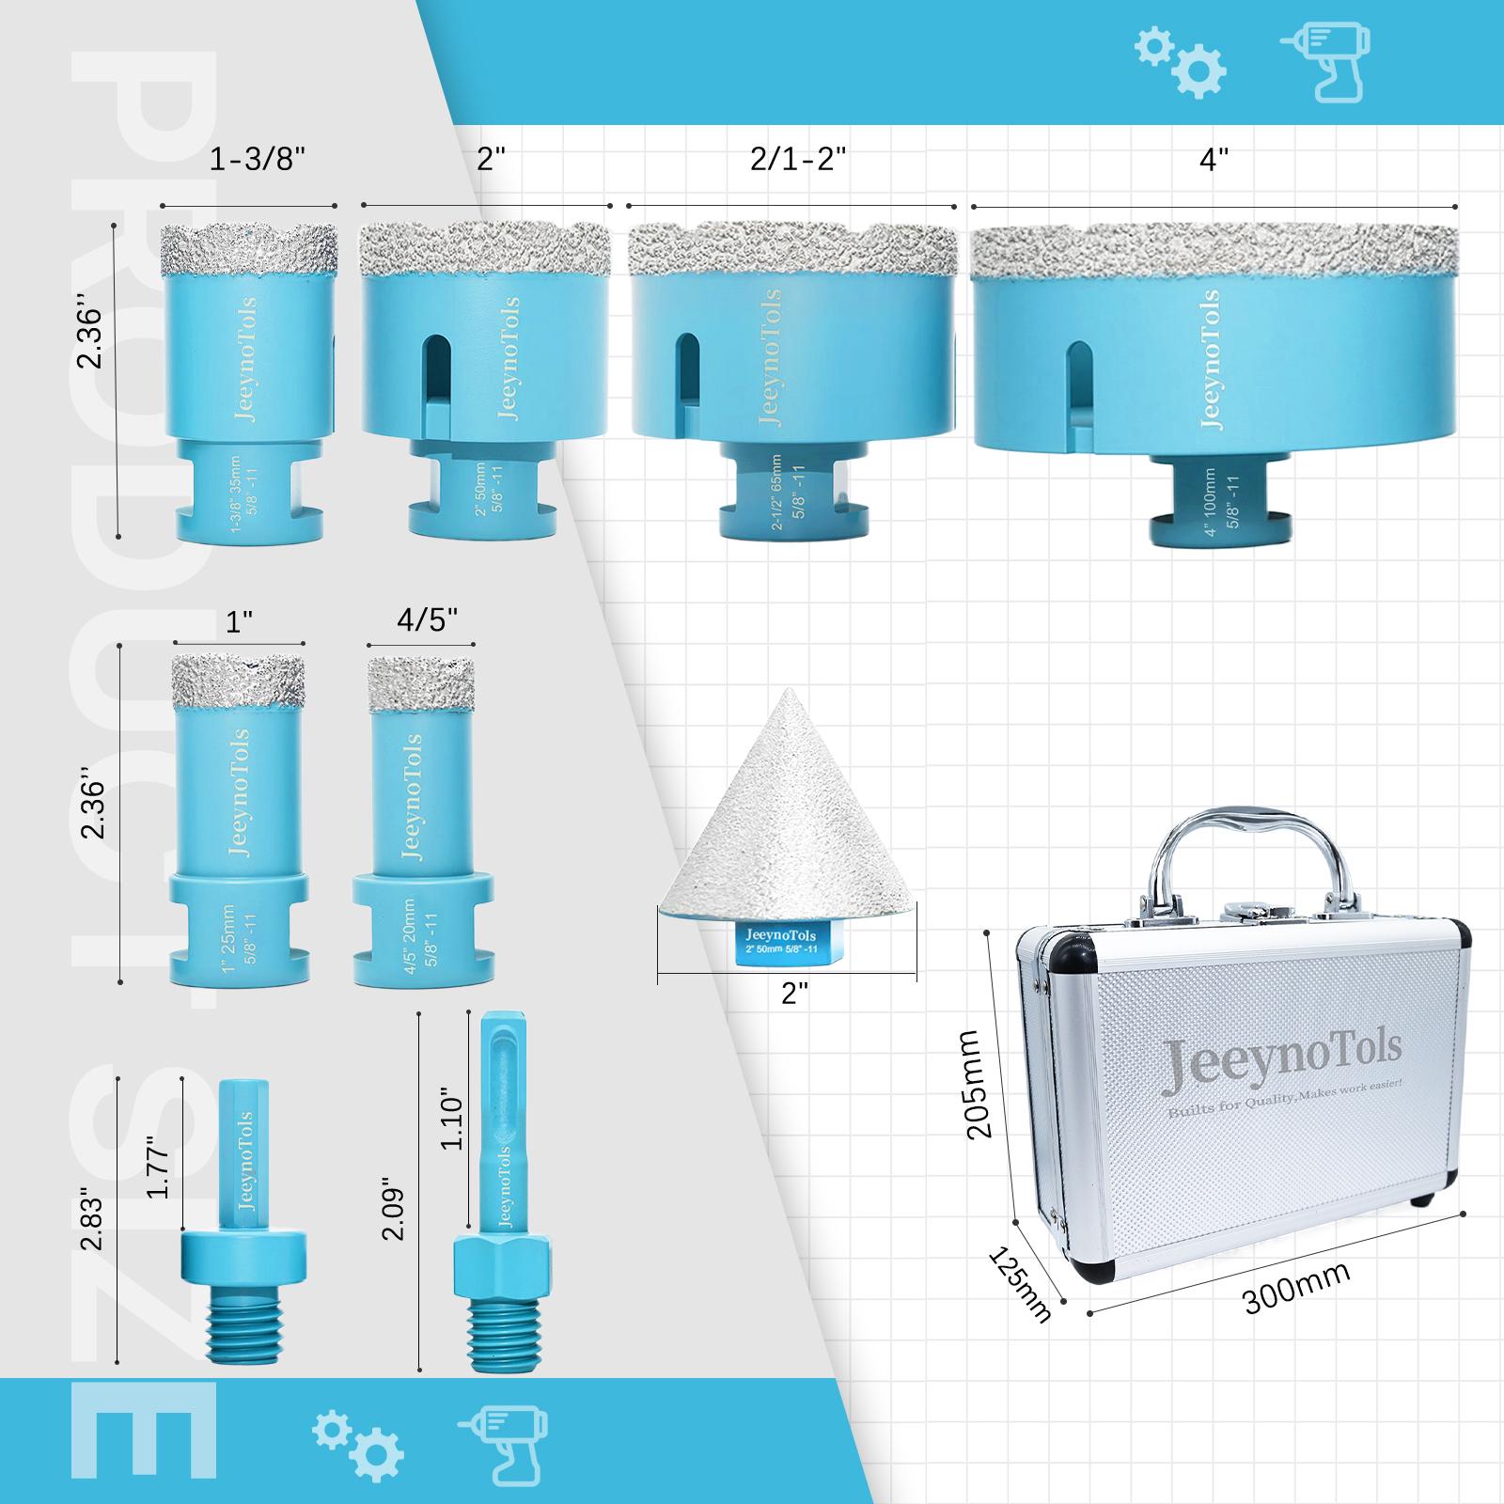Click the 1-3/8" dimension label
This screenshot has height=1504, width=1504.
click(x=258, y=160)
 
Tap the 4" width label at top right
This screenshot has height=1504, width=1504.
click(x=1214, y=160)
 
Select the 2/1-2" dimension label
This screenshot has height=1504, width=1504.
click(x=799, y=160)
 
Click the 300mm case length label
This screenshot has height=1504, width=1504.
click(x=1296, y=1287)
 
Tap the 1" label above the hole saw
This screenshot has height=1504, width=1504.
click(x=240, y=620)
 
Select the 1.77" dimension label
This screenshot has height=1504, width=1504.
click(x=157, y=1165)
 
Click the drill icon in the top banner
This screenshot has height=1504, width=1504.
click(x=1326, y=61)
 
